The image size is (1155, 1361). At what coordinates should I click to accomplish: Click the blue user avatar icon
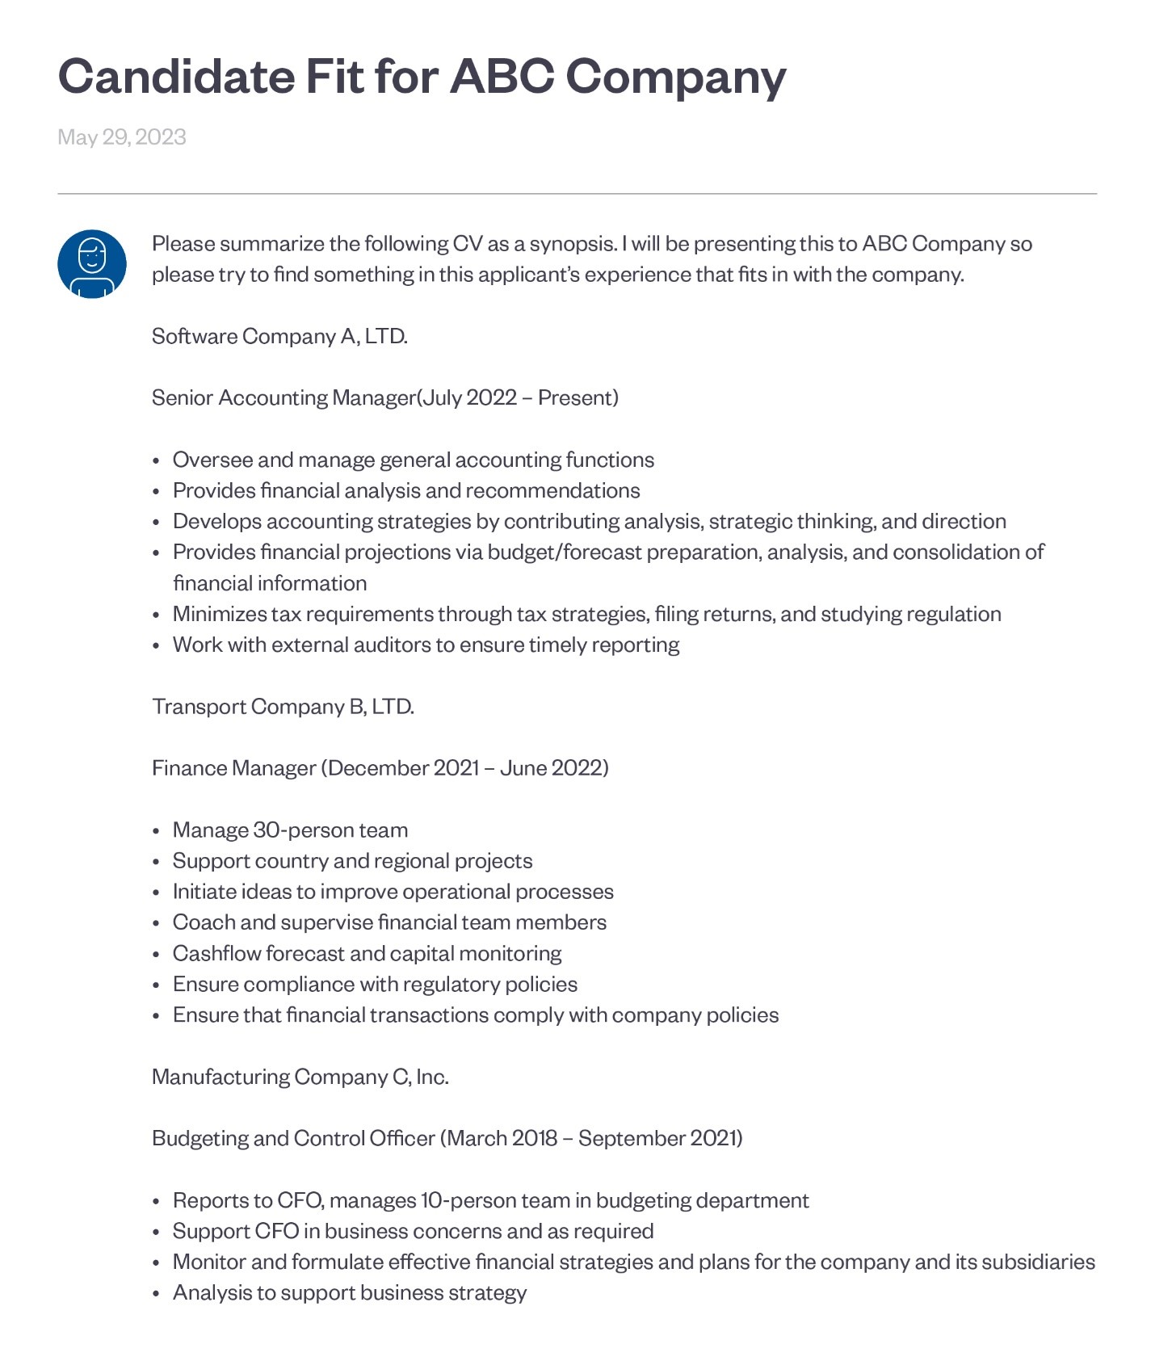[92, 264]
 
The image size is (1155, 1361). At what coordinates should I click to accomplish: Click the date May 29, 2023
[122, 137]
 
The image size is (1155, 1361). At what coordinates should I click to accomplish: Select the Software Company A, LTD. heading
[279, 336]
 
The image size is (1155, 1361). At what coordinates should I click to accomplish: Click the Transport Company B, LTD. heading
[283, 707]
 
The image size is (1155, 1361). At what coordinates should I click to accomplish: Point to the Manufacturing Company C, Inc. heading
[300, 1077]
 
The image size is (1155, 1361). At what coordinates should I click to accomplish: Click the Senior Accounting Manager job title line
[384, 398]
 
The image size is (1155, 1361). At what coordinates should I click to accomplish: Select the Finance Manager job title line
[380, 768]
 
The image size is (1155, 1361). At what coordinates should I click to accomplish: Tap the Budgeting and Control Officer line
[447, 1138]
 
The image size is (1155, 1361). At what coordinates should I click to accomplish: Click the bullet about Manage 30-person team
[290, 830]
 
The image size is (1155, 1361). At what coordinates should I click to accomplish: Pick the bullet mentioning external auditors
[426, 645]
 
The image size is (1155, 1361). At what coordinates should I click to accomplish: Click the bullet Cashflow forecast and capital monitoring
[367, 954]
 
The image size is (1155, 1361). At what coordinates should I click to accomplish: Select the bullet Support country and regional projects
[352, 861]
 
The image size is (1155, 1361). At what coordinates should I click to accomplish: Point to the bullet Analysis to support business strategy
[349, 1293]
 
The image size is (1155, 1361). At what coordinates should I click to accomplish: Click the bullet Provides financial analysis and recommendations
[405, 491]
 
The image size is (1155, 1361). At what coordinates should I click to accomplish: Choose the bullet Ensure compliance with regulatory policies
[375, 985]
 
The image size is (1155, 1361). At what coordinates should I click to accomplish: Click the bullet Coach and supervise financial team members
[389, 922]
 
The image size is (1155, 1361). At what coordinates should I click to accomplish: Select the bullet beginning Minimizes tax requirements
[586, 615]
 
